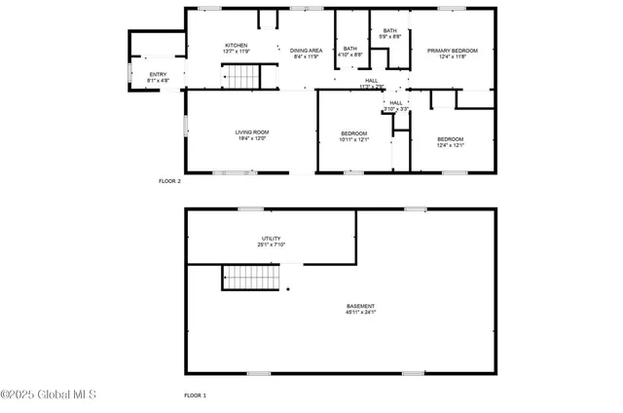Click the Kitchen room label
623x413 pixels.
236,46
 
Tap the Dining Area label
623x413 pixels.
308,51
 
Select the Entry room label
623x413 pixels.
158,74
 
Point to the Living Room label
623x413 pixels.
251,132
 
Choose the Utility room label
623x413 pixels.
271,239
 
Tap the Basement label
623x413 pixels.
360,307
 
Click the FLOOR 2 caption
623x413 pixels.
169,180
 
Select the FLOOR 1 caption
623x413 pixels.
195,395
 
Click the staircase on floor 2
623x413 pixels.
240,76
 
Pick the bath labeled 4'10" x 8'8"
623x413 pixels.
350,49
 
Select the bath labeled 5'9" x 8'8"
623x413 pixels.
389,31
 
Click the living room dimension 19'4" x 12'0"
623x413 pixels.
251,138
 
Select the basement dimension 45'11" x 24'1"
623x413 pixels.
360,313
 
